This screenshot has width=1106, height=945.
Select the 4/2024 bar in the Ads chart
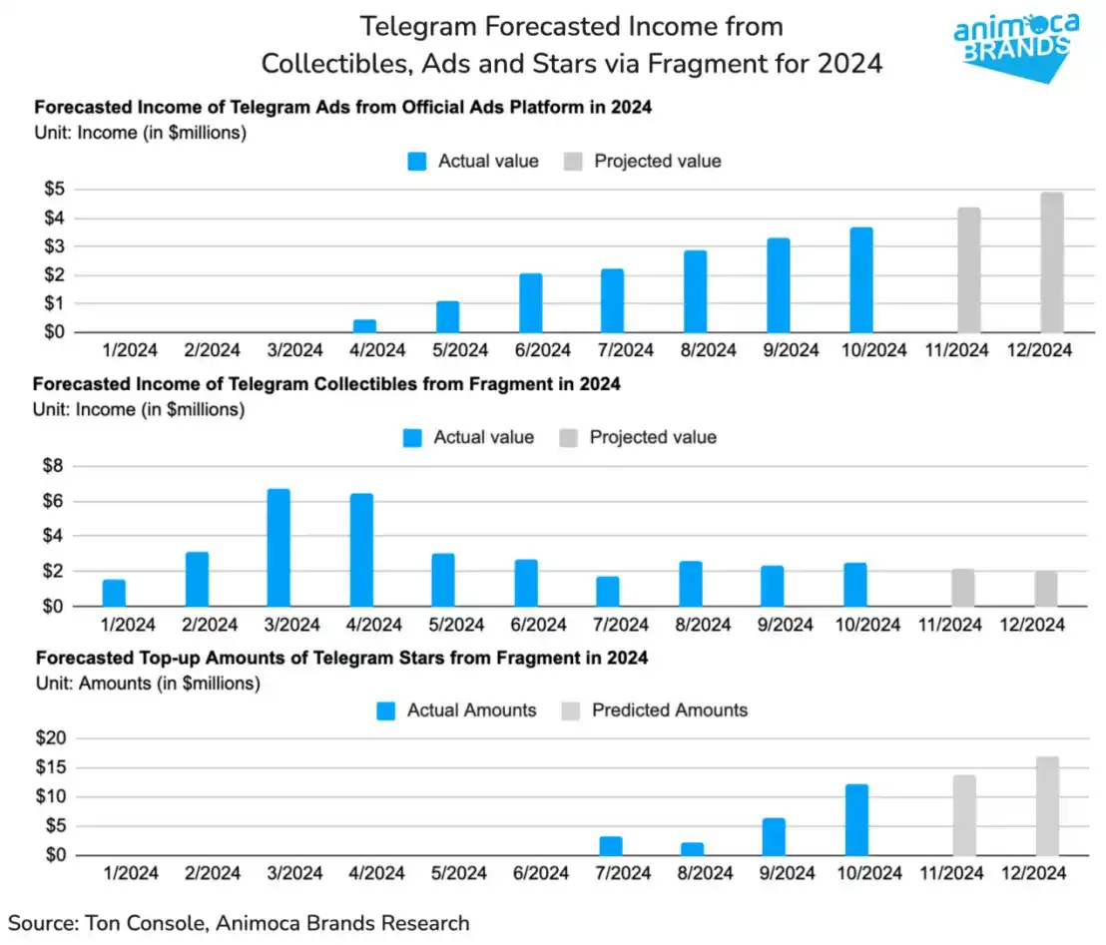click(x=364, y=325)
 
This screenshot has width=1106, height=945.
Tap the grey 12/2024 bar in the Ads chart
click(x=1052, y=262)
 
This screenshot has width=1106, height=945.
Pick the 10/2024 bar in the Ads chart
click(x=861, y=280)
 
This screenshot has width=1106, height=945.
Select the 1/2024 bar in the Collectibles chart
click(x=114, y=593)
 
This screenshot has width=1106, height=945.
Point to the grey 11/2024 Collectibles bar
click(x=962, y=588)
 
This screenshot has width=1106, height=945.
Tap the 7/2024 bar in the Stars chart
click(x=611, y=846)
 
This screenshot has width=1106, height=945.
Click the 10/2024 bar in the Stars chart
click(x=856, y=820)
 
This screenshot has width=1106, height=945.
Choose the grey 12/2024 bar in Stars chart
click(x=1047, y=806)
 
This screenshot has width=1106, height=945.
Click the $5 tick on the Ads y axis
click(x=51, y=190)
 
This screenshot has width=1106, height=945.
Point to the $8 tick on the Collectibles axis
click(x=51, y=466)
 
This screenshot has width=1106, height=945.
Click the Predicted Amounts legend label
click(x=670, y=710)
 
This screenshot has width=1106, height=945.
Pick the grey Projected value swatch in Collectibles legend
click(x=568, y=437)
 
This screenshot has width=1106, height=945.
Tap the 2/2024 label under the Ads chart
click(x=212, y=349)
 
